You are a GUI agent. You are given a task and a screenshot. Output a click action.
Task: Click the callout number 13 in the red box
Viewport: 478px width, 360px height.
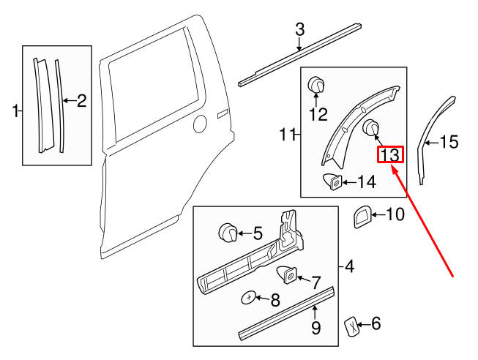[x=390, y=155]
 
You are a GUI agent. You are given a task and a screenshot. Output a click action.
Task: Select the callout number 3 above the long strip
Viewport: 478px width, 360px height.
[x=299, y=30]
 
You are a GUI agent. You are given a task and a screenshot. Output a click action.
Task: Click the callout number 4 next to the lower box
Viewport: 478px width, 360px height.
[x=349, y=267]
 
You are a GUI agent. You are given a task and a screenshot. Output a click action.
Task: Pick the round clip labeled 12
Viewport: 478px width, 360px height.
[x=317, y=85]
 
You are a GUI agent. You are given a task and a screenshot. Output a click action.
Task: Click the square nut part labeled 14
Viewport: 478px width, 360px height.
[x=332, y=181]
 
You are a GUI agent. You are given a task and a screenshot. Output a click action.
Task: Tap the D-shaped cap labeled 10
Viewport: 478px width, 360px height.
[x=361, y=217]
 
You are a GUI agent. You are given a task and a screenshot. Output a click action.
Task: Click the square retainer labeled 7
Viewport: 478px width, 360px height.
[x=286, y=277]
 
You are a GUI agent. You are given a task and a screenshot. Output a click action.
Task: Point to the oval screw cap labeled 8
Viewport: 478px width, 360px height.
[x=250, y=298]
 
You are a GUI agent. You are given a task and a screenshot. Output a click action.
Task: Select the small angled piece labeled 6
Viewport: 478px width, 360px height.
[x=352, y=326]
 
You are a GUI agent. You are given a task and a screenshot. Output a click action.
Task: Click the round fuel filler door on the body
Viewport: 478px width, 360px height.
[x=198, y=124]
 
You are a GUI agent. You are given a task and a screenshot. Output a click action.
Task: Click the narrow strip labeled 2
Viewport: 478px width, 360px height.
[x=59, y=102]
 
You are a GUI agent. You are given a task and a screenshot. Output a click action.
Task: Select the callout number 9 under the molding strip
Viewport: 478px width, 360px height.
[x=315, y=328]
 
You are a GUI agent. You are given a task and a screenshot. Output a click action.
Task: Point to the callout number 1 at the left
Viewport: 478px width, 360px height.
[x=15, y=110]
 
